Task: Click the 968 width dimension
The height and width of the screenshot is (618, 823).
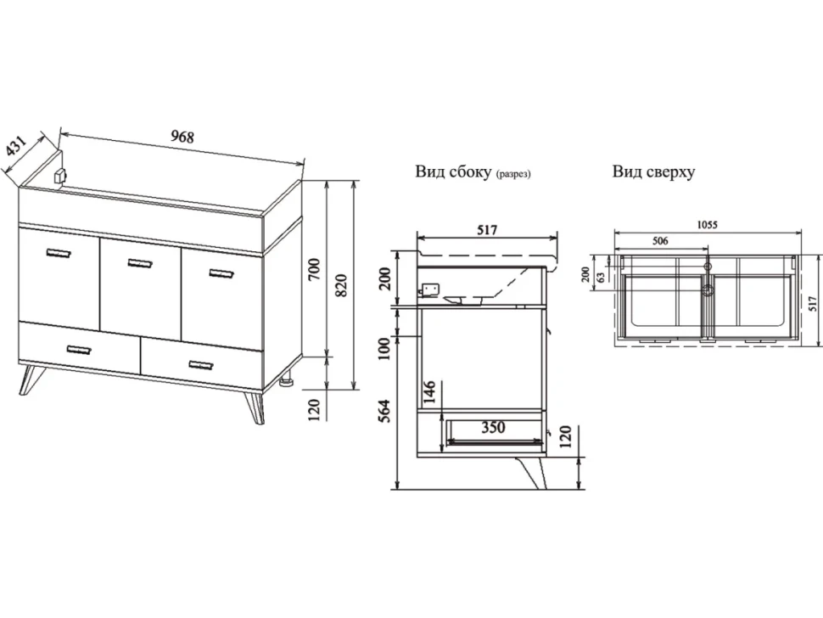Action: tap(182, 137)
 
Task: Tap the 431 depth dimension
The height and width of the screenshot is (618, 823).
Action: tap(15, 146)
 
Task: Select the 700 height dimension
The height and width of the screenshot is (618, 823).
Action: tap(313, 268)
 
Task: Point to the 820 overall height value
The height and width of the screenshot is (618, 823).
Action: tap(341, 285)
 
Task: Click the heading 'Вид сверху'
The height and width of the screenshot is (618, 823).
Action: tap(653, 171)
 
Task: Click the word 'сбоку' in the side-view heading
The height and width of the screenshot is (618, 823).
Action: tap(471, 172)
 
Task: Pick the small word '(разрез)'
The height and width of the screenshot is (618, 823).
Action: tap(512, 174)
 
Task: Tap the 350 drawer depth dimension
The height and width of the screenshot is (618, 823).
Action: tap(494, 427)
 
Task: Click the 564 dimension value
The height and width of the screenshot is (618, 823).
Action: tap(384, 412)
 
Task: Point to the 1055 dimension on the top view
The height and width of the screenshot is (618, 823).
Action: tap(707, 225)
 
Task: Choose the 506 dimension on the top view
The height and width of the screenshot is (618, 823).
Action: tap(660, 241)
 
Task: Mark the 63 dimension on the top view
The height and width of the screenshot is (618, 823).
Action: tap(601, 277)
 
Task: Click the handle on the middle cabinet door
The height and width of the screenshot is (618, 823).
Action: tap(140, 262)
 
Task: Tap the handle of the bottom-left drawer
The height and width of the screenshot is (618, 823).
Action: tap(79, 350)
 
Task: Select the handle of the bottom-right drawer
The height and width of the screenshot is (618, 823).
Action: tap(201, 365)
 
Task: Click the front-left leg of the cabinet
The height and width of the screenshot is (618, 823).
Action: tap(29, 379)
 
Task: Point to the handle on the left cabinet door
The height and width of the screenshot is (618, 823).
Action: tap(59, 254)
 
